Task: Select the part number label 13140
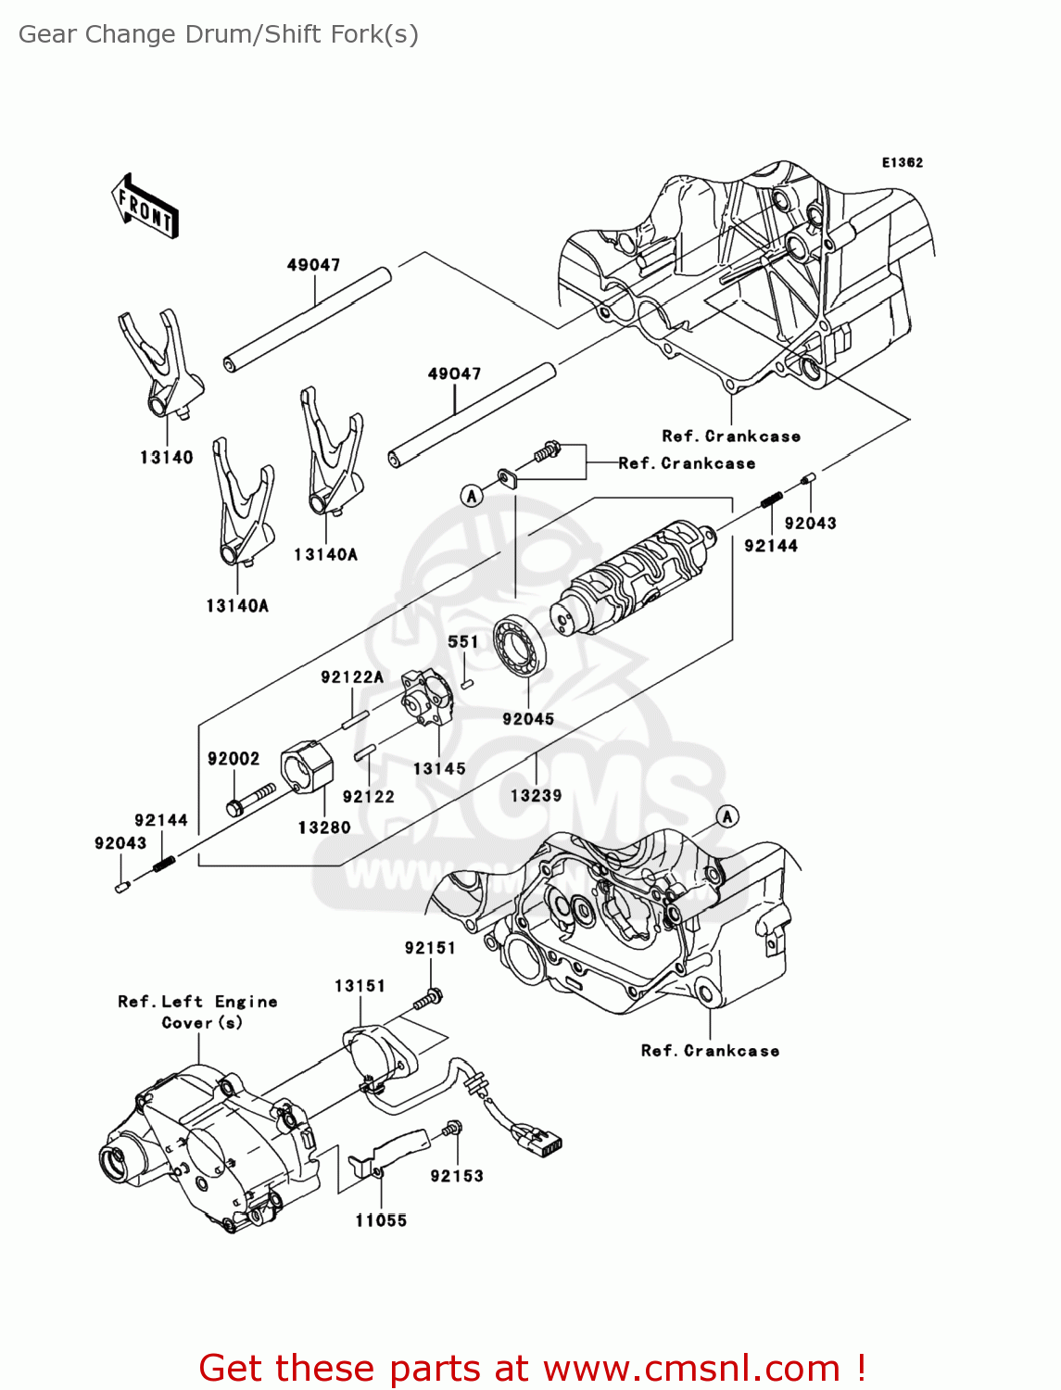coord(167,457)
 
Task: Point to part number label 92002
coord(234,759)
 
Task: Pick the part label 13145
coord(439,768)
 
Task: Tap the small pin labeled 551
coord(467,684)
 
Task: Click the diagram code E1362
coord(902,162)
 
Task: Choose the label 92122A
coord(352,677)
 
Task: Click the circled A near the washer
coord(472,496)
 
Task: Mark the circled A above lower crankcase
coord(728,815)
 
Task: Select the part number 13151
coord(360,986)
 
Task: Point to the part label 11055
coord(381,1220)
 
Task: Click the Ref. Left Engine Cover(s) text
coord(197,1012)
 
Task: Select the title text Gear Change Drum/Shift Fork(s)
coord(219,34)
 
